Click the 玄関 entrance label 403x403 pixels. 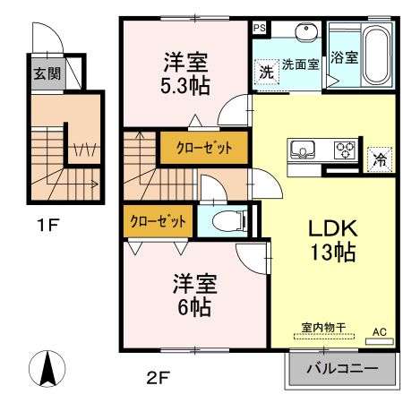point(48,74)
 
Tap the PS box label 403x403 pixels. point(260,29)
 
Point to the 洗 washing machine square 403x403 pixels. point(266,71)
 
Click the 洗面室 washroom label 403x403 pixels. point(301,64)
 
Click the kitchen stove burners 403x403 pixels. point(342,150)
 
